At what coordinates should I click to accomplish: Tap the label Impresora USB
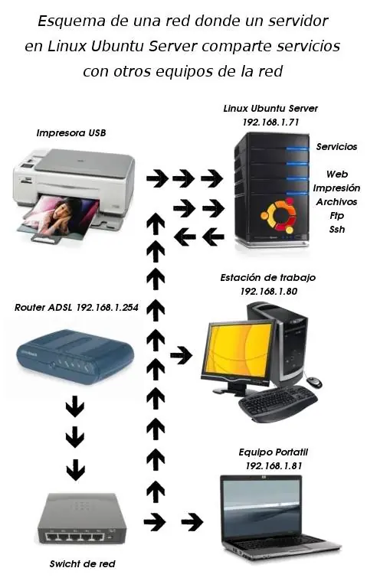click(x=70, y=132)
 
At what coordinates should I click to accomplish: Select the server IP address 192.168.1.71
click(x=270, y=122)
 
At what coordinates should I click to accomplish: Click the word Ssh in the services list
click(x=337, y=230)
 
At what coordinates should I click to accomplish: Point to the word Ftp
click(x=337, y=216)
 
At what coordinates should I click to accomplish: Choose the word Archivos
click(x=336, y=202)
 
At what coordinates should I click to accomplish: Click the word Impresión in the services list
click(x=336, y=188)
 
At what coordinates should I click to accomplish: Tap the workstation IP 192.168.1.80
click(x=269, y=291)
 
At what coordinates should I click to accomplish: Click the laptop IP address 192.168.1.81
click(x=274, y=465)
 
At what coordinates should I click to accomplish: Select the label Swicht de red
click(x=82, y=564)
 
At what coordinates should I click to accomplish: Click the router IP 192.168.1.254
click(x=107, y=307)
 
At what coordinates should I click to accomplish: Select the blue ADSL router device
click(x=75, y=356)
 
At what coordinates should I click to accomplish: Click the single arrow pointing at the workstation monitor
click(x=182, y=356)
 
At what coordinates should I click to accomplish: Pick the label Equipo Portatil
click(x=274, y=452)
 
